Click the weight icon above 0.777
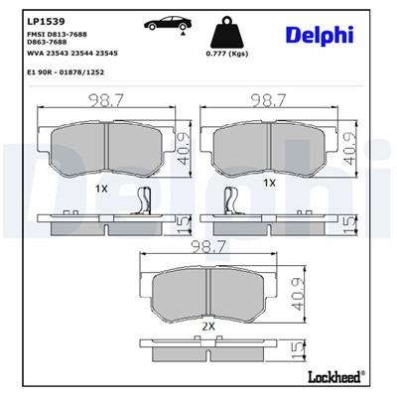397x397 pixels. point(226,28)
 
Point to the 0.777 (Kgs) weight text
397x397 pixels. point(225,53)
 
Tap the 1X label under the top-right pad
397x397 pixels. point(269,184)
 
